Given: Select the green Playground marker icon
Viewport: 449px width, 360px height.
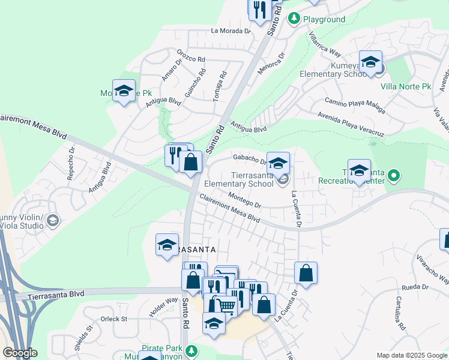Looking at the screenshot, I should click(x=294, y=19).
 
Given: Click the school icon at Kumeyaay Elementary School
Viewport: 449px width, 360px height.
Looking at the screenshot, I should click(x=370, y=61).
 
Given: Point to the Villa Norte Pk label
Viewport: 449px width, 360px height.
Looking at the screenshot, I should click(x=406, y=86).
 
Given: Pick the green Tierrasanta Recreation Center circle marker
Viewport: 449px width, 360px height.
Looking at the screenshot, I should click(x=393, y=176).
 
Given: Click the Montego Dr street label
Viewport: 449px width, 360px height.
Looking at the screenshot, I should click(x=245, y=200).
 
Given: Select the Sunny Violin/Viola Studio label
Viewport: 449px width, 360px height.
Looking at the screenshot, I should click(x=22, y=221).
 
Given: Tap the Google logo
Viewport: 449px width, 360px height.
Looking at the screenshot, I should click(x=20, y=353).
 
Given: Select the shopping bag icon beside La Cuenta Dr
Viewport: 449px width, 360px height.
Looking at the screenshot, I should click(x=306, y=273).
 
